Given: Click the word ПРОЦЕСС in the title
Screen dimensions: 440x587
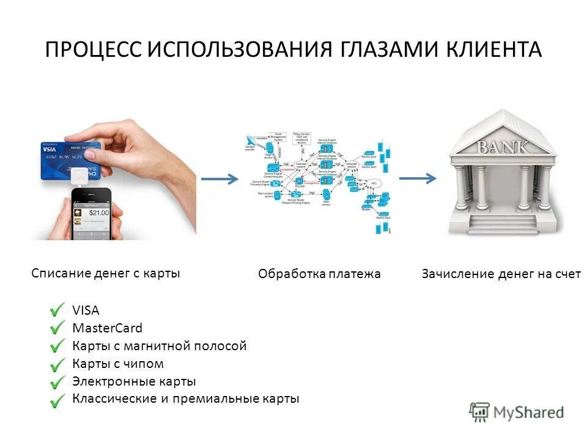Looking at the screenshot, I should coord(93,50).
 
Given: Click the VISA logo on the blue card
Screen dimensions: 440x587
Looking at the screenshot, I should coord(51,148).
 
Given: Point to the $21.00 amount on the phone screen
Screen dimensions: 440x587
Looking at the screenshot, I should coord(98,213).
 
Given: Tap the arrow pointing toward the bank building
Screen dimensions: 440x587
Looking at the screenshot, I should coord(418,178).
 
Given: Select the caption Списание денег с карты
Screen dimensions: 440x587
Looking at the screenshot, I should coord(106,273).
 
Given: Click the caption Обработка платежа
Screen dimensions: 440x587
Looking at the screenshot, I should coord(319,274).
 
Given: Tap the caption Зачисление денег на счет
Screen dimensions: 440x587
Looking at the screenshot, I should coord(501,274).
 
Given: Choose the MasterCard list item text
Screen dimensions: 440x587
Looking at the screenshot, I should coord(107,328).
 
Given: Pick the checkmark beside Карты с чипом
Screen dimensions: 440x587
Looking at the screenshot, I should coord(58,364).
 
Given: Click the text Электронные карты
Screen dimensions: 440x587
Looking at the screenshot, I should coord(134,381).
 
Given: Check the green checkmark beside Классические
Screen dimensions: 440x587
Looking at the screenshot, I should coord(58,400).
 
